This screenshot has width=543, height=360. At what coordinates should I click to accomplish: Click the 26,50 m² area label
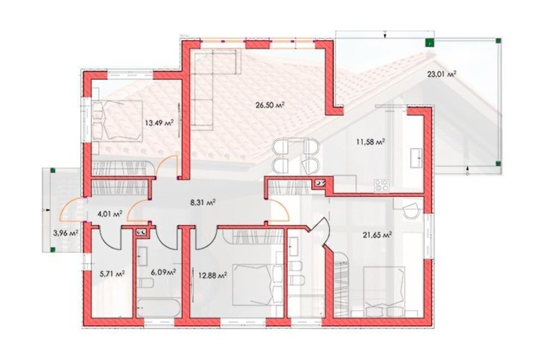coord(270,105)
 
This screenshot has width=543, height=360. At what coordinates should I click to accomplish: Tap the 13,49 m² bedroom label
coord(159,122)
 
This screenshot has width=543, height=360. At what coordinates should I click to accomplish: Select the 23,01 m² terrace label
coord(441,74)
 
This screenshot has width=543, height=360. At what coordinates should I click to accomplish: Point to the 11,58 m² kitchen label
coord(371,141)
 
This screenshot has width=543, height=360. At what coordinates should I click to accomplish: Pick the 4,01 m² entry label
coord(110,214)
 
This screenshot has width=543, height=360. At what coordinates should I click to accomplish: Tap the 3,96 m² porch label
coord(65,233)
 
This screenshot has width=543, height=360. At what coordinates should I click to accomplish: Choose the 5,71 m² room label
coord(112,274)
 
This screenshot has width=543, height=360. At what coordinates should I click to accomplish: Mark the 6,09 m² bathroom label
coord(163,272)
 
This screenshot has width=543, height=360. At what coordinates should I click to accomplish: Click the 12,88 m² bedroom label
coord(213,276)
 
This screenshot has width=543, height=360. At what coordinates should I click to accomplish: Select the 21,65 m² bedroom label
coord(377,235)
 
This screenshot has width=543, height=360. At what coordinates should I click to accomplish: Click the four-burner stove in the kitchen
coord(381,185)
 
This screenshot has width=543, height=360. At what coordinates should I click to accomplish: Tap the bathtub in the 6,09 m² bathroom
coord(158,308)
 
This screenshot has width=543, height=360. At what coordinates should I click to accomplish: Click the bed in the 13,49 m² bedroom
coord(118,121)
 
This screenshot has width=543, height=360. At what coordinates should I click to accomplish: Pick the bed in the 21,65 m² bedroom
coord(385,291)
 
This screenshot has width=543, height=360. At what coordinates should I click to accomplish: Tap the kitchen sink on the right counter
coord(416,158)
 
